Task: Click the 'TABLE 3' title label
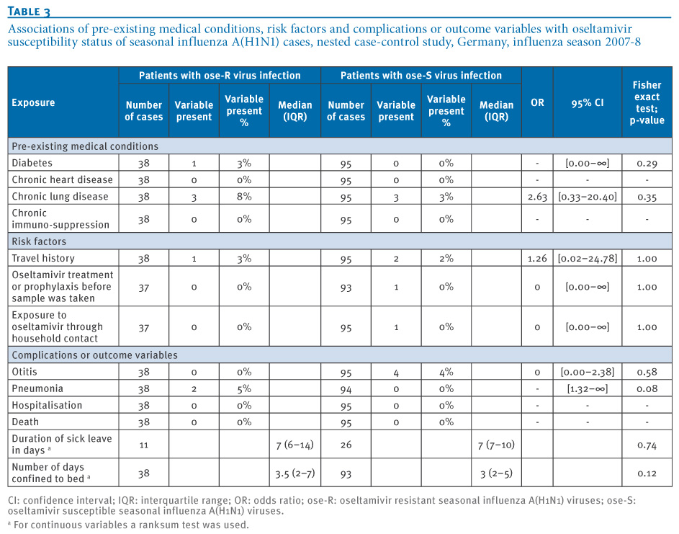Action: pos(29,12)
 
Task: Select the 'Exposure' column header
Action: pos(33,103)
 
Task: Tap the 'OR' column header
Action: pos(537,103)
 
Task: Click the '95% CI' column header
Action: pos(588,103)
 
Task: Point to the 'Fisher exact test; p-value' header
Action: pos(647,103)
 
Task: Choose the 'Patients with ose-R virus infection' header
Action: pos(220,76)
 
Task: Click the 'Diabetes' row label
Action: pos(32,163)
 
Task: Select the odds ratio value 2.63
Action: pos(537,197)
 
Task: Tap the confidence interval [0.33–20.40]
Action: pos(588,197)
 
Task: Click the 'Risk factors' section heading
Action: pos(39,241)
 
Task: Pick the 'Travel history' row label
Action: pos(43,258)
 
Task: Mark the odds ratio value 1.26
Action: pos(537,259)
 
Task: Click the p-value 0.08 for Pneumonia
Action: pos(647,389)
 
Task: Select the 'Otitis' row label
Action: pos(24,372)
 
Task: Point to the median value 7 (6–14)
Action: pos(295,445)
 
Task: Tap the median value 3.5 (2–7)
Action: pos(295,473)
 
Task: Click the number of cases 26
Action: pos(346,445)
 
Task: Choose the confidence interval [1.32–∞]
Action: pos(588,389)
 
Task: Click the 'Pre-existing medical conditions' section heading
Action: pos(85,146)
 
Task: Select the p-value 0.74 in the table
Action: pos(647,445)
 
